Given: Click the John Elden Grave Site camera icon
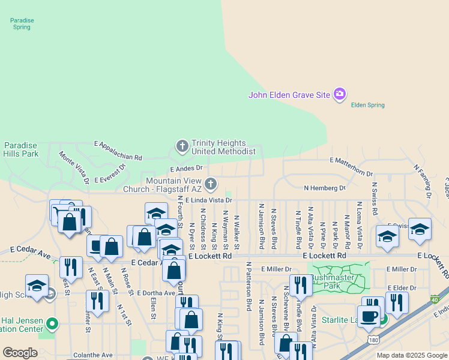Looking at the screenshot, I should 340,94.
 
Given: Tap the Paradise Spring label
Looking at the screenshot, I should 22,23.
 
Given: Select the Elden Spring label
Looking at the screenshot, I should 367,105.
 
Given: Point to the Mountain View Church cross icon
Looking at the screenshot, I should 210,183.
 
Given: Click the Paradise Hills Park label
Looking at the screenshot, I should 21,149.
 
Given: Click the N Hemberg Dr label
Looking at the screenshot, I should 325,188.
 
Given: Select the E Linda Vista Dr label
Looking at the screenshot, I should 208,200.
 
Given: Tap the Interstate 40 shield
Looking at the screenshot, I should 435,299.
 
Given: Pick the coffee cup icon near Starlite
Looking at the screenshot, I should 369,315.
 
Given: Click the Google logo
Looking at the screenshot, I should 20,353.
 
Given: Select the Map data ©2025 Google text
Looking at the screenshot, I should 412,355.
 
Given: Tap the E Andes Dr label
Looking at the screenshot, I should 187,170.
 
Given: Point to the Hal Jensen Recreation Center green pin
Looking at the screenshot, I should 53,325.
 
